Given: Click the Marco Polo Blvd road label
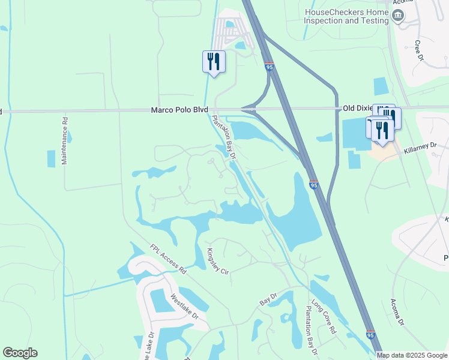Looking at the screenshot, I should pyautogui.click(x=179, y=110).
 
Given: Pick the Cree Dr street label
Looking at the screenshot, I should pyautogui.click(x=419, y=51).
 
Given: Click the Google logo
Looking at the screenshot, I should pyautogui.click(x=20, y=353).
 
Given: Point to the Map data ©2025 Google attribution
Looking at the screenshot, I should pyautogui.click(x=412, y=355).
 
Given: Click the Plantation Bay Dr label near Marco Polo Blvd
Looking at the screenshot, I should pyautogui.click(x=223, y=137).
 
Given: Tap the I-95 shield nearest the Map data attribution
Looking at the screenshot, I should pyautogui.click(x=370, y=335).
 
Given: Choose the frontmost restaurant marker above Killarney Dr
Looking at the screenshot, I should pyautogui.click(x=382, y=130).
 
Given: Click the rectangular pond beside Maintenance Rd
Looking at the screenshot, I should pyautogui.click(x=51, y=158).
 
